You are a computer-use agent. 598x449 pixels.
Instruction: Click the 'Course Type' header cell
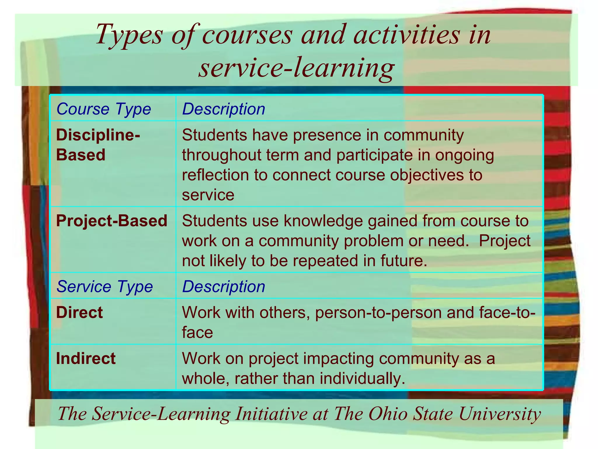pos(104,109)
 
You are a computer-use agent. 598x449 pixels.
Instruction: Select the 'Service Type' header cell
pos(105,286)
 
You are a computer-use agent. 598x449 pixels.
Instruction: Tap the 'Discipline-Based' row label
pos(98,145)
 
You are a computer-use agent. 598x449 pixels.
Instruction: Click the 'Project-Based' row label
pos(112,221)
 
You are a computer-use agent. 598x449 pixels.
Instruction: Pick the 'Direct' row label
pos(79,312)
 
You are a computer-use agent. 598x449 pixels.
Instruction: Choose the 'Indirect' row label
pos(86,358)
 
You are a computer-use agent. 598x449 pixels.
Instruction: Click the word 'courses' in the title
pos(247,35)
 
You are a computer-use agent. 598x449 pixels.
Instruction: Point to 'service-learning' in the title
pos(296,68)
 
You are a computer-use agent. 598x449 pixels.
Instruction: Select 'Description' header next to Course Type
pos(224,109)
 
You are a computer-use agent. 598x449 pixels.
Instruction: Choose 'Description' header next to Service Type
pos(224,286)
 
